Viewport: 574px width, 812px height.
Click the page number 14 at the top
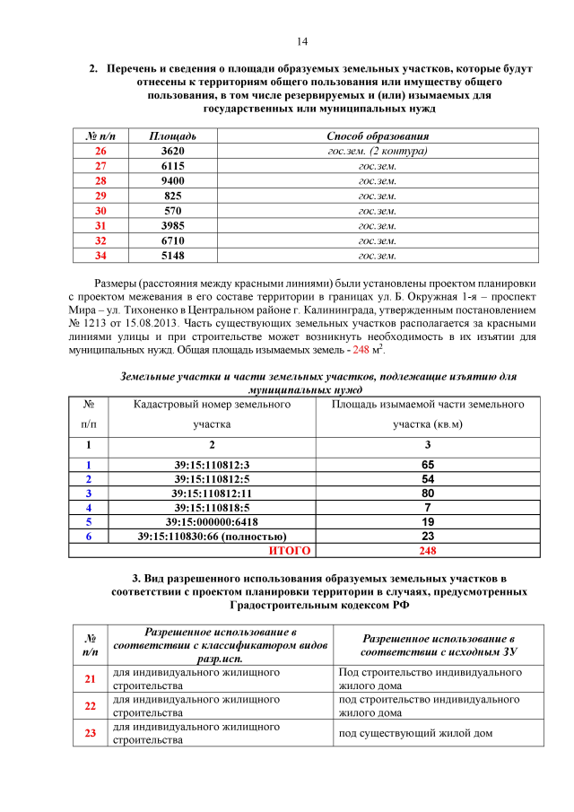pyautogui.click(x=302, y=41)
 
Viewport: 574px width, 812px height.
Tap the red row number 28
pyautogui.click(x=100, y=180)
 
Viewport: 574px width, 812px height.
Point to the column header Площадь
pyautogui.click(x=172, y=135)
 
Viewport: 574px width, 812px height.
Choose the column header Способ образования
pyautogui.click(x=377, y=135)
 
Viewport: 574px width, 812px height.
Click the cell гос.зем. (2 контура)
pyautogui.click(x=377, y=151)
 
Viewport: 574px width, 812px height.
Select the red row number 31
pyautogui.click(x=100, y=226)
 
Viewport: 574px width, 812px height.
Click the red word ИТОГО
pyautogui.click(x=290, y=550)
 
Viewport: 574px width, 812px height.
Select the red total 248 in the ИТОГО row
pyautogui.click(x=428, y=550)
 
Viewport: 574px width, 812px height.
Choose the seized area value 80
pyautogui.click(x=428, y=493)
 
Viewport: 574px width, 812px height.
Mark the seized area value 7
pyautogui.click(x=428, y=507)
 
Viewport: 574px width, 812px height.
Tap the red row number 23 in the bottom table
pyautogui.click(x=90, y=733)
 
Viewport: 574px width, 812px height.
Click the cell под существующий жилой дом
pyautogui.click(x=415, y=733)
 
